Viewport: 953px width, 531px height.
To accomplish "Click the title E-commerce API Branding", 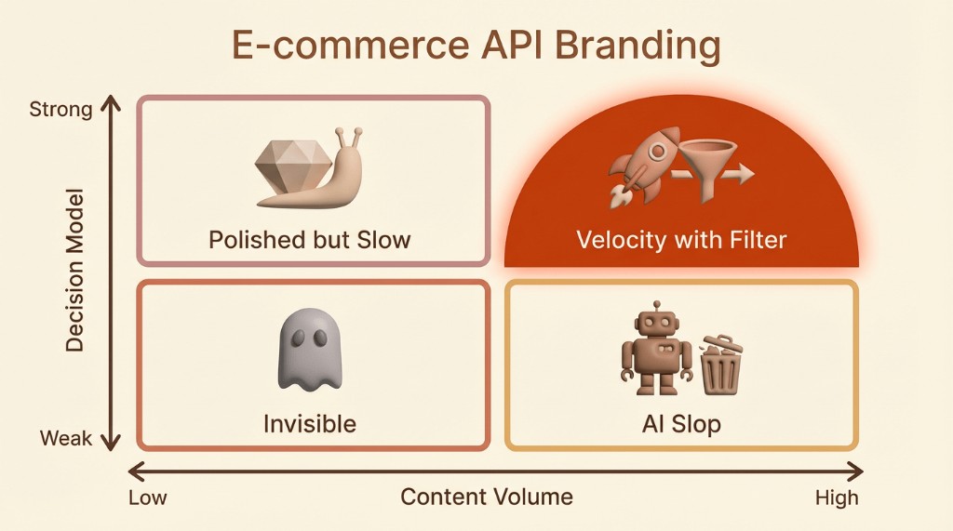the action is (x=476, y=45).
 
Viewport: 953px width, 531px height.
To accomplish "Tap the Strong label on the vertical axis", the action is (x=60, y=110).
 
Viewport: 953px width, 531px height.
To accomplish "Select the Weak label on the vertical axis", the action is (x=66, y=438).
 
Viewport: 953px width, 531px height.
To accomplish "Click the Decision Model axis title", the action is (x=74, y=271).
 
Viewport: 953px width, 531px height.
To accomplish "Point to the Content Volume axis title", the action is (x=486, y=497).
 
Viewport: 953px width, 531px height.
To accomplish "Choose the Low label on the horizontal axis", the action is (x=148, y=498).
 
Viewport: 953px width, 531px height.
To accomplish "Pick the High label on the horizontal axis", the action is (x=837, y=498).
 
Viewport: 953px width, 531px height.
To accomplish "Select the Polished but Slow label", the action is (x=309, y=240).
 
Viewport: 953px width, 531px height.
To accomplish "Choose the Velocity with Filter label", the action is (x=681, y=240).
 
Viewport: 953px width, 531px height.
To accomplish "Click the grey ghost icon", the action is (x=310, y=349).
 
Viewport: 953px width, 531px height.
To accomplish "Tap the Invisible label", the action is (x=309, y=423).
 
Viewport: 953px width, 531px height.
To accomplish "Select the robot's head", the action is (x=656, y=322).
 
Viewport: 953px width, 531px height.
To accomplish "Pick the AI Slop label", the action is (x=681, y=424).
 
